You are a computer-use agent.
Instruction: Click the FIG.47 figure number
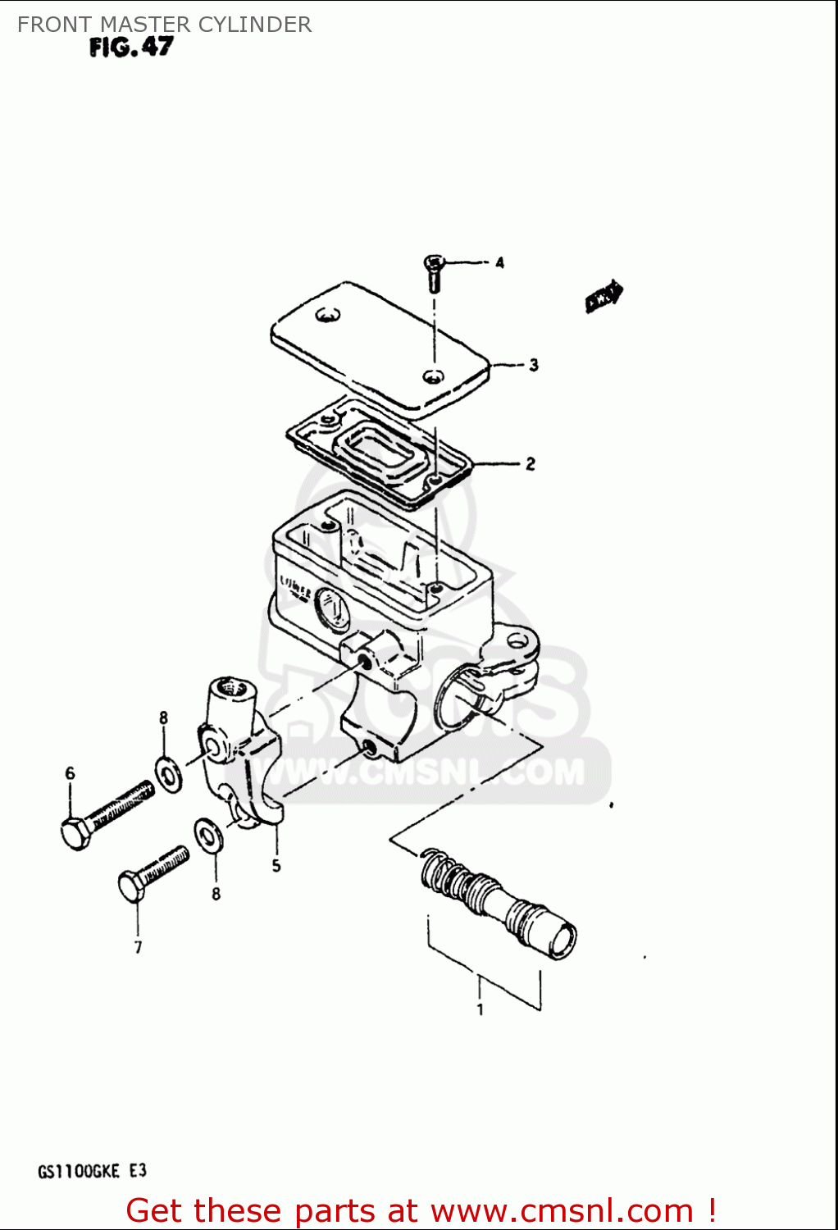131,48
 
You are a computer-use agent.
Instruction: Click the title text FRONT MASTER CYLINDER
164,25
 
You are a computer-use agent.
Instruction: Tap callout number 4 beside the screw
499,263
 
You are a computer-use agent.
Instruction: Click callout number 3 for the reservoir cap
534,365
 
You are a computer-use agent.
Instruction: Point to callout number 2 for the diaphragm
531,464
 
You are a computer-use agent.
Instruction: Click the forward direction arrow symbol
604,297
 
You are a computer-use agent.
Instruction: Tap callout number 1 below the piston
480,1010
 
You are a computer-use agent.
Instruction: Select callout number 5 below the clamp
276,866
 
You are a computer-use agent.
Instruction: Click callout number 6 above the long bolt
70,773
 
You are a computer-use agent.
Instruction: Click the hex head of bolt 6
75,833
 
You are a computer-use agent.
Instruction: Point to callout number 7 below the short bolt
138,948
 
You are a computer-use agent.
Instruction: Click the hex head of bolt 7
131,887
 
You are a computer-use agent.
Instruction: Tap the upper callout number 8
163,718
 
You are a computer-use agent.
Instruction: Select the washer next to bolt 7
207,835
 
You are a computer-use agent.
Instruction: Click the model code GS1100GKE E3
92,1171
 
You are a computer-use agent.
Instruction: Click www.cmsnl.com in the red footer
562,1211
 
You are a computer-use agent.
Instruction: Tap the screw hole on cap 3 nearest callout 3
433,376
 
